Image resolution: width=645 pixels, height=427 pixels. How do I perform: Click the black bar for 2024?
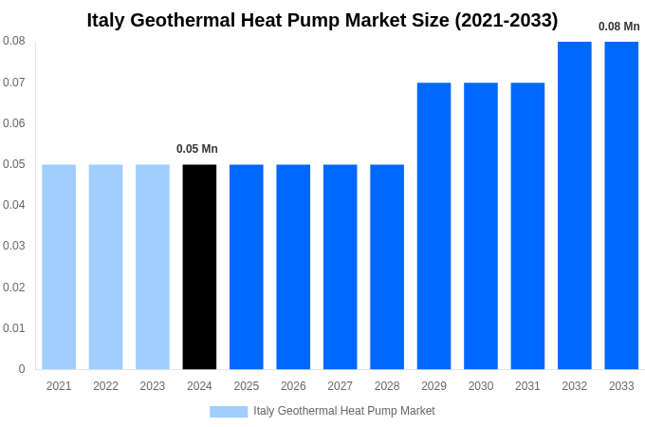click(x=199, y=267)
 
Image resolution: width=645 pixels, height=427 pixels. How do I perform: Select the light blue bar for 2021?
click(x=59, y=267)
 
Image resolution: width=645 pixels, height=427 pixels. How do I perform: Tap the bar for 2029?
click(x=433, y=226)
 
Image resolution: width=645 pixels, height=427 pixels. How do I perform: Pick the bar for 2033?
click(x=621, y=205)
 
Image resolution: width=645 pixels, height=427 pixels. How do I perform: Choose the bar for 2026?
click(x=293, y=267)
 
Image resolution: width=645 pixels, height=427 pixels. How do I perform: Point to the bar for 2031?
click(x=527, y=226)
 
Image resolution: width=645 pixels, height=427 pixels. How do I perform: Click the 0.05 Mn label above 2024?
click(x=197, y=149)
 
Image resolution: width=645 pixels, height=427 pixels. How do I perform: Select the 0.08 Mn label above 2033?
click(x=618, y=27)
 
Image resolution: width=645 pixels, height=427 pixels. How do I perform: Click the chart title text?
click(x=322, y=20)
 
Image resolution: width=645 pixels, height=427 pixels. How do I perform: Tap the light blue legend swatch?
click(x=229, y=411)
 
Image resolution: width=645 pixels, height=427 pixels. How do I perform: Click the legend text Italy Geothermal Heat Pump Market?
click(x=343, y=411)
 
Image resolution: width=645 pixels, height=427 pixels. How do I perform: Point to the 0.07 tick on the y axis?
click(x=14, y=83)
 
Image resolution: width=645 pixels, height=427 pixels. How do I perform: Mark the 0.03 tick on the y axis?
click(x=14, y=246)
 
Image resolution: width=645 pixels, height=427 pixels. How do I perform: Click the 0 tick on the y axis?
click(x=22, y=369)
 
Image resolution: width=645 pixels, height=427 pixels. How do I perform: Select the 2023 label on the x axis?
click(x=153, y=386)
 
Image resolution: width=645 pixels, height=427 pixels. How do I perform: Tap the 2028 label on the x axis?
click(x=387, y=386)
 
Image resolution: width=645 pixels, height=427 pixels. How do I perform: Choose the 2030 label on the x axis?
click(x=481, y=386)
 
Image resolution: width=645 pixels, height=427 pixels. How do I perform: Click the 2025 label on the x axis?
click(x=247, y=386)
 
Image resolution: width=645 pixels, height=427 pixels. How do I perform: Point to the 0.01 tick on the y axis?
click(x=14, y=328)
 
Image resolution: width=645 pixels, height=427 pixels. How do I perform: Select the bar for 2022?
click(x=105, y=267)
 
